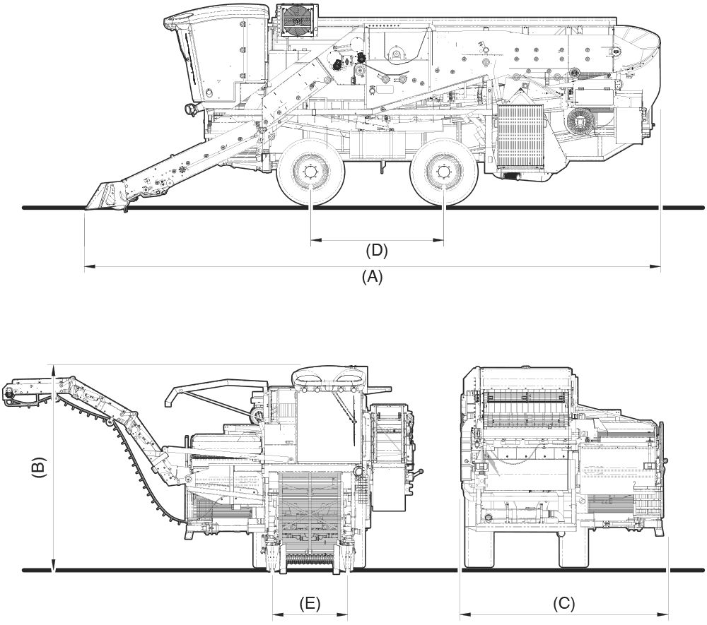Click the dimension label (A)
click(x=372, y=278)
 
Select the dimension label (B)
click(x=40, y=468)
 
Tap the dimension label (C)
click(x=563, y=605)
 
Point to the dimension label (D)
click(x=377, y=250)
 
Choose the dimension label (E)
click(x=310, y=604)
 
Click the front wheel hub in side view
click(x=310, y=172)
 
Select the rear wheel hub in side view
click(x=443, y=172)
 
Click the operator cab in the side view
click(x=216, y=56)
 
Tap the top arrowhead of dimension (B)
click(x=54, y=368)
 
